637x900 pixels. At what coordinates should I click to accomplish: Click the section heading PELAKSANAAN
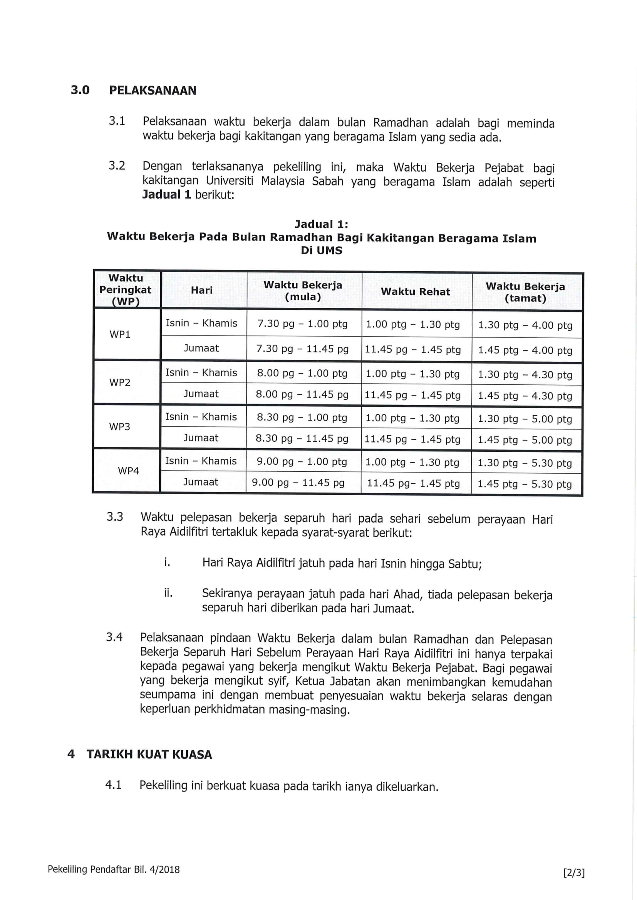(153, 90)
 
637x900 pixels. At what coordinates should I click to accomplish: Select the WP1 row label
(120, 334)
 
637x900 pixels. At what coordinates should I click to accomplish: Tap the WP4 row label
(128, 471)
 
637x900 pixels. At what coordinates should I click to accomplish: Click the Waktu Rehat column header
(416, 292)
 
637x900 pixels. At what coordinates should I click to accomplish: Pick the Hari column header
(201, 291)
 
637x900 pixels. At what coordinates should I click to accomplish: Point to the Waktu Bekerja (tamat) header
(525, 292)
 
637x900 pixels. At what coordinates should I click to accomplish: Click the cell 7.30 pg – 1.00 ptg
(302, 324)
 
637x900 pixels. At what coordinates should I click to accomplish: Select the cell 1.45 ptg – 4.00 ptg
(525, 350)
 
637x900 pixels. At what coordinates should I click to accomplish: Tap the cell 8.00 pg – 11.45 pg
(302, 394)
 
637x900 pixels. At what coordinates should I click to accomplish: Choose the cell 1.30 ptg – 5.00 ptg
(525, 419)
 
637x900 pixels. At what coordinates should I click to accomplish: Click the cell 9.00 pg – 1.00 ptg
(302, 462)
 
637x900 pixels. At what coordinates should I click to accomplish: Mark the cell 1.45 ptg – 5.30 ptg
(525, 484)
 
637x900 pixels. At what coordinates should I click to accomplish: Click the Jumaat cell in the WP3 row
(201, 438)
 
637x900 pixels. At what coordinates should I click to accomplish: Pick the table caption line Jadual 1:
(321, 224)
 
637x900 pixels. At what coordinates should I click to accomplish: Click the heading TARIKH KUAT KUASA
(149, 755)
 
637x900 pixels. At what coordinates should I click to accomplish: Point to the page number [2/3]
(573, 873)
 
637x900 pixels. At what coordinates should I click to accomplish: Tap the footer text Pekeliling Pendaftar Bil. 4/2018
(113, 870)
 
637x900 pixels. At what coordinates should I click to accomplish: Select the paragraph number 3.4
(114, 637)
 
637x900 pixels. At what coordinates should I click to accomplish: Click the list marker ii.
(168, 593)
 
